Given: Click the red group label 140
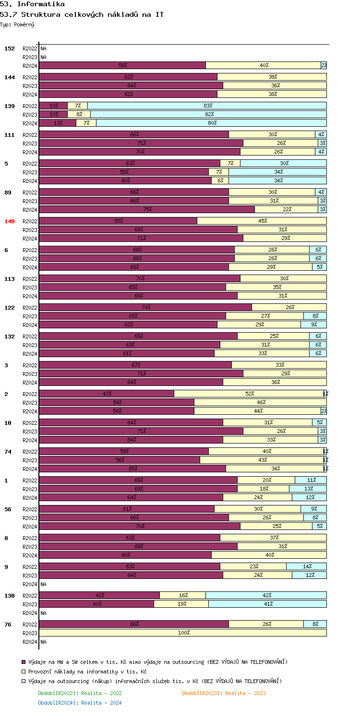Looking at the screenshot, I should (x=10, y=221).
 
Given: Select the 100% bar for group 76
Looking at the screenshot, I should (x=183, y=633).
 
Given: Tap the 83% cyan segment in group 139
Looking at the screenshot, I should (x=207, y=106).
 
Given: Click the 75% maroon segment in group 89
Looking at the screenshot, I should (x=147, y=209).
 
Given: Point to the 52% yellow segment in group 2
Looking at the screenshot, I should (x=249, y=394).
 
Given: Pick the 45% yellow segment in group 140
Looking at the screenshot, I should (x=262, y=221).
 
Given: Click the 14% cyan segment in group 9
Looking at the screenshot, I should (x=306, y=566).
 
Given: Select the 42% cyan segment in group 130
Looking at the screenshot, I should (x=266, y=595).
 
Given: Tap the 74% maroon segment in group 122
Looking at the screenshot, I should (x=145, y=307).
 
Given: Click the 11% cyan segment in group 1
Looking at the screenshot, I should (x=311, y=480).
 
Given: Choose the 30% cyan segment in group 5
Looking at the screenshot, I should (x=283, y=163).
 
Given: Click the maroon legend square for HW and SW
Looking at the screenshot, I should (x=24, y=662).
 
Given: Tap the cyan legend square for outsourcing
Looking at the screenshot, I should (x=24, y=681).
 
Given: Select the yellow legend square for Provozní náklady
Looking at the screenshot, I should (x=24, y=672).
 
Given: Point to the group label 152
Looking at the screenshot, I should (x=10, y=48).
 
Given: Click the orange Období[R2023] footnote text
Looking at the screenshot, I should (x=224, y=693).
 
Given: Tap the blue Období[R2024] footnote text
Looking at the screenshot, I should (x=80, y=703).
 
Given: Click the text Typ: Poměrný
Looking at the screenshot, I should (x=17, y=24).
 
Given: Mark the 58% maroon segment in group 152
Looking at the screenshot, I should (x=122, y=65).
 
